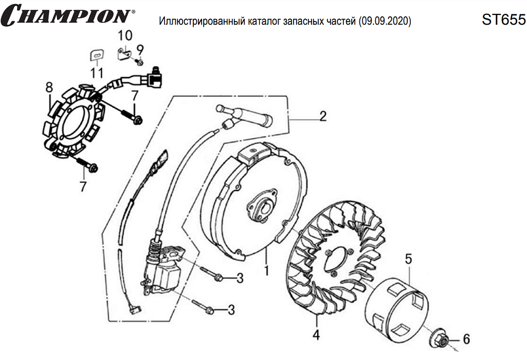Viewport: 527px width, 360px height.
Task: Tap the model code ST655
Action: [x=503, y=20]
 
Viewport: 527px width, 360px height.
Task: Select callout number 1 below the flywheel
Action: [x=266, y=269]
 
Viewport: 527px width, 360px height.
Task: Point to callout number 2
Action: [x=323, y=116]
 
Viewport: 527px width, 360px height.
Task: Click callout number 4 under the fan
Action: [x=316, y=335]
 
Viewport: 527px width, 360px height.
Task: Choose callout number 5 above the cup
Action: [x=409, y=259]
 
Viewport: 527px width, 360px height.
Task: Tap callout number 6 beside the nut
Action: [x=466, y=339]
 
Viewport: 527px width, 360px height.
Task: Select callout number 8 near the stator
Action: [x=49, y=87]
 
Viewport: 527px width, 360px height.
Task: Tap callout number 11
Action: [x=97, y=73]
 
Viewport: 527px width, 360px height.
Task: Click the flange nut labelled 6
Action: [x=443, y=339]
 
